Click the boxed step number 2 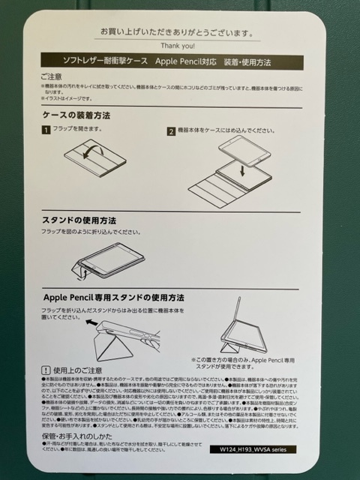point(171,130)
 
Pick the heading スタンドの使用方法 point(78,221)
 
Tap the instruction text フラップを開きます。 point(77,130)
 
